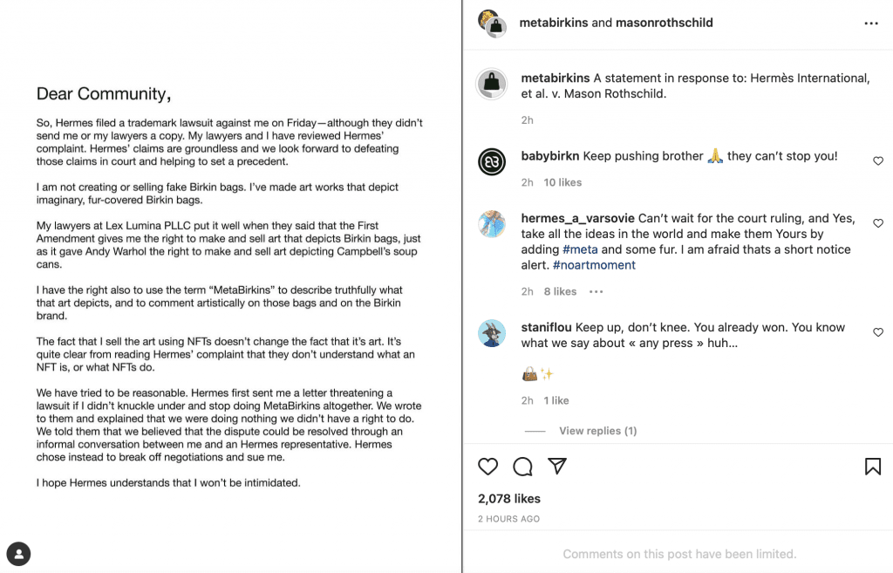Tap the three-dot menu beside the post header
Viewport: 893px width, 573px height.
870,24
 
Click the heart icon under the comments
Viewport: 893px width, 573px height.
488,467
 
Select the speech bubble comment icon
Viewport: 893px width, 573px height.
523,467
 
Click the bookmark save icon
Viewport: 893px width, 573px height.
872,467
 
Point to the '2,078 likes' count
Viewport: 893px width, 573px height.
509,499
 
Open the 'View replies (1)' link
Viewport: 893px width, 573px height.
597,431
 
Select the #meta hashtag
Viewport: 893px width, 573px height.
580,249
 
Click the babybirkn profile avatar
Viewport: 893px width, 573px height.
493,162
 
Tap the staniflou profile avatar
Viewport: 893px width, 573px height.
493,334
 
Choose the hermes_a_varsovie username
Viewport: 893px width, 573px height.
577,218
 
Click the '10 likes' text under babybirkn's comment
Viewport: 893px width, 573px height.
562,182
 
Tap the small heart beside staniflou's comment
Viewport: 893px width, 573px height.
878,332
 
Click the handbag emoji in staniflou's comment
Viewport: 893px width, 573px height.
529,374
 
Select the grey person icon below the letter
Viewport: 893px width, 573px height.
18,553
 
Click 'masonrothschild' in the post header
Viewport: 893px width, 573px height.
665,23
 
